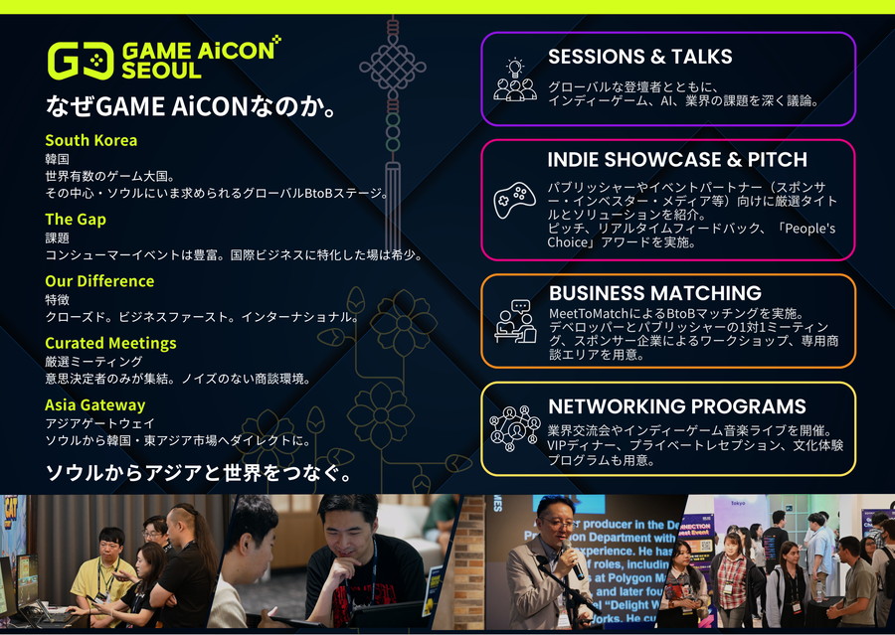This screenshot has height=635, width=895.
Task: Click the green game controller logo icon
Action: click(81, 61)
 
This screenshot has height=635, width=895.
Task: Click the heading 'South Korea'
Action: click(91, 140)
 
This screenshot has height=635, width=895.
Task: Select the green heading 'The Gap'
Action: click(76, 220)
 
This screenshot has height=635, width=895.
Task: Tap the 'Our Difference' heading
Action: click(99, 281)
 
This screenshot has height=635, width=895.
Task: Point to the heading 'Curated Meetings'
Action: click(110, 344)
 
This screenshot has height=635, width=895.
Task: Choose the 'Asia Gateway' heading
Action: click(95, 405)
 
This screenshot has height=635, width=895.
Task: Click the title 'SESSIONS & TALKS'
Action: click(639, 57)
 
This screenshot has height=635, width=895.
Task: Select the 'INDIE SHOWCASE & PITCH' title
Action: click(677, 160)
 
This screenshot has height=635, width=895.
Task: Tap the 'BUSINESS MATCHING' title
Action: click(655, 293)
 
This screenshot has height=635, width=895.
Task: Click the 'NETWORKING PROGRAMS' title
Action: click(677, 406)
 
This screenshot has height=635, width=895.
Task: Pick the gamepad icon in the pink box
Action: click(514, 200)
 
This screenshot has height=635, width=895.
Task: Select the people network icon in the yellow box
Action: click(515, 428)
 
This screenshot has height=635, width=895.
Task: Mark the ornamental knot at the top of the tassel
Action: click(393, 68)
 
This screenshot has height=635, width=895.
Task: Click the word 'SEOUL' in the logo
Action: click(161, 71)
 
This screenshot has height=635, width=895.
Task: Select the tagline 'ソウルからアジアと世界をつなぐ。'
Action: click(198, 473)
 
